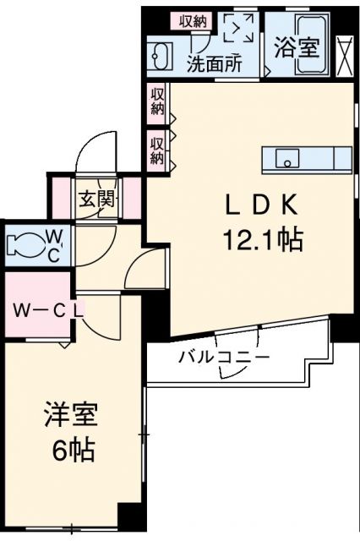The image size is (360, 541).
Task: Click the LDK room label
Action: click(x=259, y=205)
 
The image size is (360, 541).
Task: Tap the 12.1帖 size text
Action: click(x=262, y=241)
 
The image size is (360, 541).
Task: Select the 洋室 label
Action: click(x=71, y=417)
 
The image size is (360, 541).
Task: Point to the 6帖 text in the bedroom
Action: click(x=71, y=451)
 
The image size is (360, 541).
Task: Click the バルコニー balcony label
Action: click(x=224, y=358)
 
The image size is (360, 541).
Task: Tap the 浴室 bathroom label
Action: click(x=297, y=46)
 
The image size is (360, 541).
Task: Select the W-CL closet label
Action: click(x=46, y=309)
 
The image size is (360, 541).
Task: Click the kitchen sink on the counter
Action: click(x=287, y=157)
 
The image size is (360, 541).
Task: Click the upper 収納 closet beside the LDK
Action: click(x=157, y=101)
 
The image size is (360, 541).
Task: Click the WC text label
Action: click(x=52, y=244)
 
